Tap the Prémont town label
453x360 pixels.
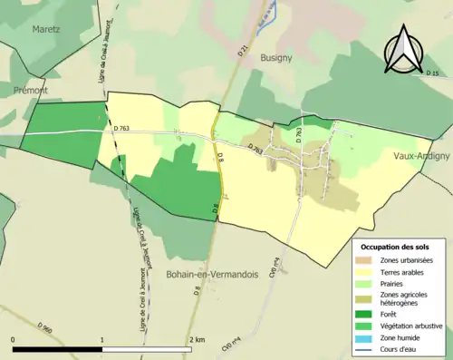pyautogui.click(x=31, y=91)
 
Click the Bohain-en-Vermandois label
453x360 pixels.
pyautogui.click(x=215, y=273)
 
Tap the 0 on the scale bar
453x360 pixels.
pyautogui.click(x=13, y=340)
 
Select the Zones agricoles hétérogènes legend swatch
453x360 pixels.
pyautogui.click(x=365, y=296)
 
